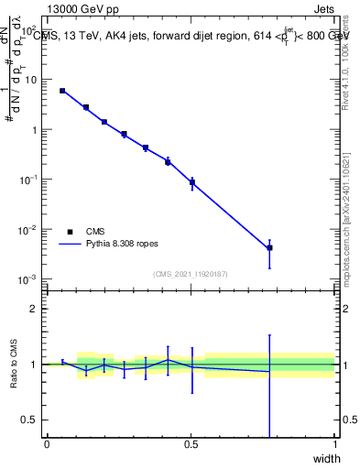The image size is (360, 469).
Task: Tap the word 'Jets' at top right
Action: tap(322, 8)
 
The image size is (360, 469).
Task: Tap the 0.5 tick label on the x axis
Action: tap(191, 444)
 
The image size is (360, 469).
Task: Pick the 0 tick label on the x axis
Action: tap(47, 444)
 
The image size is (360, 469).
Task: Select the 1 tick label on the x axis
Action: tap(335, 444)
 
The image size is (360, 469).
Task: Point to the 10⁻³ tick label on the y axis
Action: tap(29, 278)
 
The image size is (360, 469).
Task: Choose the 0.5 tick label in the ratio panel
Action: tap(31, 420)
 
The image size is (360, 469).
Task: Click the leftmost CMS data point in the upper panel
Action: tap(62, 91)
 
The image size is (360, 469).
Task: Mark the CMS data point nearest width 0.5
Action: tap(191, 182)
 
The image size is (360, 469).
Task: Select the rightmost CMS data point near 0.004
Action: tap(269, 247)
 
